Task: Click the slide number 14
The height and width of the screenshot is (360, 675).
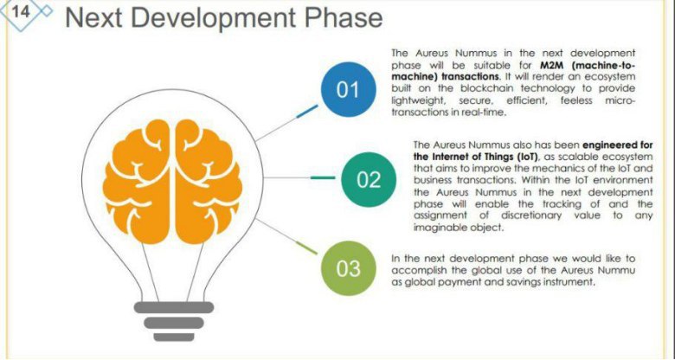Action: pos(20,11)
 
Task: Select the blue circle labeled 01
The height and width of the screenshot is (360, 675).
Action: pos(348,90)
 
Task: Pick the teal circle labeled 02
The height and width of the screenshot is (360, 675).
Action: pos(369,179)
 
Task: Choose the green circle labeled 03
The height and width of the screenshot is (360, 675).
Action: pos(348,268)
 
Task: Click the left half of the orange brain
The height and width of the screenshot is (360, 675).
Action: pos(137,181)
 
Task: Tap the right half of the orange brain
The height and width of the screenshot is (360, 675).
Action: pos(209,181)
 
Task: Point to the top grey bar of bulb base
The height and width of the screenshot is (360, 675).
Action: pos(173,307)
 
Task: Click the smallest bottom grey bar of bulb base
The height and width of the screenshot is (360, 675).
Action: pos(174,337)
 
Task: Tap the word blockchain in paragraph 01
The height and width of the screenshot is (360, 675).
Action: pos(486,88)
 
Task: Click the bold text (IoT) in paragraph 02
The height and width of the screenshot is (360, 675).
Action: pos(524,156)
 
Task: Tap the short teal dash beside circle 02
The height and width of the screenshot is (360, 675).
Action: pos(323,177)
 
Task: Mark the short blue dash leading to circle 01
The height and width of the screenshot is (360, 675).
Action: pos(307,111)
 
